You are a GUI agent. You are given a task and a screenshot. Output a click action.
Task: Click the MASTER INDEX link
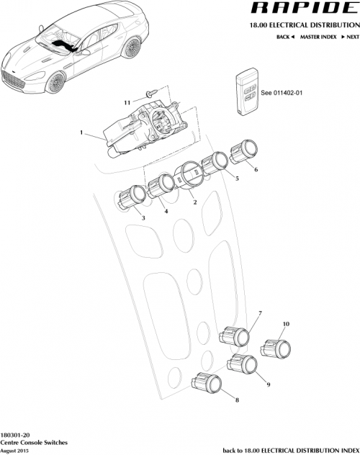[x=319, y=35]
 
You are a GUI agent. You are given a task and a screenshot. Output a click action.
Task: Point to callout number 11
[x=127, y=103]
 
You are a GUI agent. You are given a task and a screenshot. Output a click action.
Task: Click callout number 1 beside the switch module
[x=82, y=133]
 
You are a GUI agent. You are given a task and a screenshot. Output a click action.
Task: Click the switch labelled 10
[x=276, y=349]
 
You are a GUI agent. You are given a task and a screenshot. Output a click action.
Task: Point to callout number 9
[x=268, y=385]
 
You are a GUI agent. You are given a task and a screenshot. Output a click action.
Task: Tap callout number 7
[x=260, y=313]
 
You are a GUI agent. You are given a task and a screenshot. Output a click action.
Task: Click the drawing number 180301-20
[x=15, y=437]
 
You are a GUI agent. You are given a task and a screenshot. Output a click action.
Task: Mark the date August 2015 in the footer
[x=14, y=451]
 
